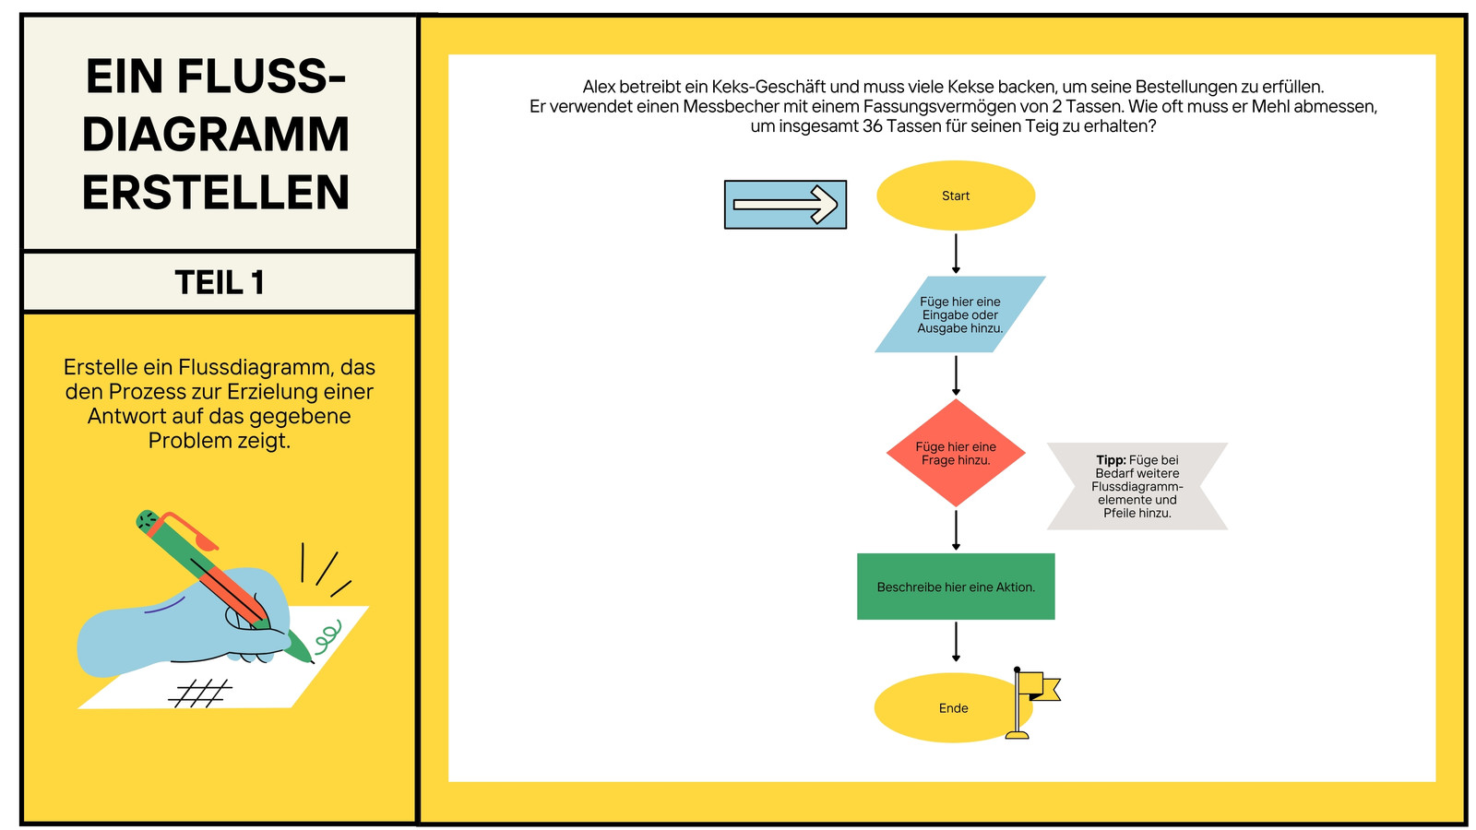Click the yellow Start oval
(956, 196)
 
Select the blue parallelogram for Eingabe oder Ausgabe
(960, 314)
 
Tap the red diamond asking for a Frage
(956, 453)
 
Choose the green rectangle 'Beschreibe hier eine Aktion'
(956, 587)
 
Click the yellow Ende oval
(949, 708)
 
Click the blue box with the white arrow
(785, 205)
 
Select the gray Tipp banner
(1137, 486)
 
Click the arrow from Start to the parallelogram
(956, 254)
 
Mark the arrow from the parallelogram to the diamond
(956, 375)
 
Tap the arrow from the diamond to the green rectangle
(956, 530)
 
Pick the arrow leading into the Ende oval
(956, 642)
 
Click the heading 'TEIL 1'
(220, 282)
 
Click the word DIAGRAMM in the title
(216, 135)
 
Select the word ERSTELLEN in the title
(216, 193)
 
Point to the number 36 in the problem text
(872, 125)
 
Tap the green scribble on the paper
(327, 634)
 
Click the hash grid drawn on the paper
(200, 694)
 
